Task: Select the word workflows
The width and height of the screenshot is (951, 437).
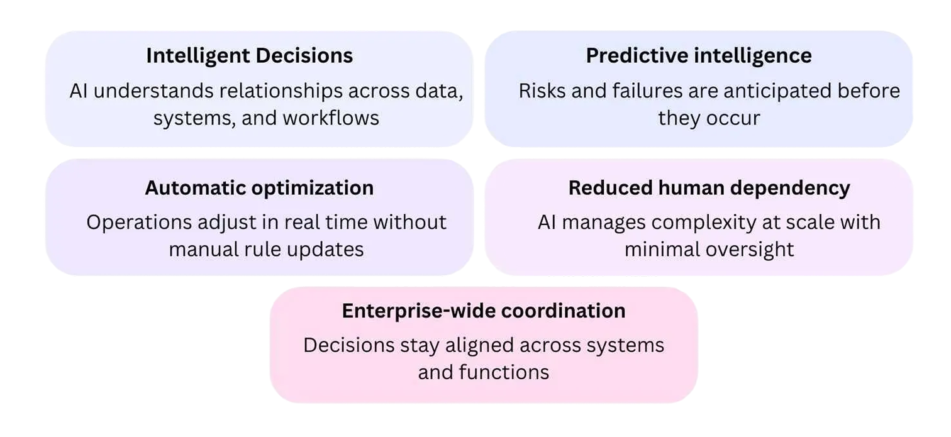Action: (331, 118)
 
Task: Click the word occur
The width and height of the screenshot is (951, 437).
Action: (733, 118)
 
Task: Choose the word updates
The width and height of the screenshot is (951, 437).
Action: (325, 250)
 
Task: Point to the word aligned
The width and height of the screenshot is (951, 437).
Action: (480, 346)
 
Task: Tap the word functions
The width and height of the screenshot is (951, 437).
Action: (504, 372)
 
